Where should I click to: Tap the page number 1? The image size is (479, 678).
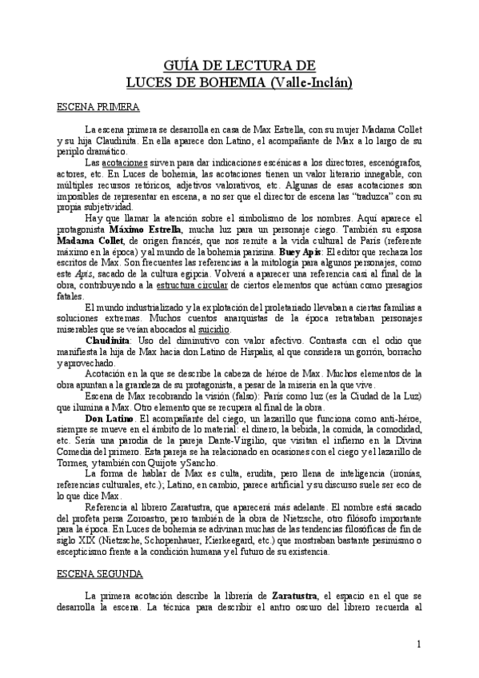click(x=418, y=645)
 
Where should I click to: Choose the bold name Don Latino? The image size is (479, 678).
click(x=110, y=418)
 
